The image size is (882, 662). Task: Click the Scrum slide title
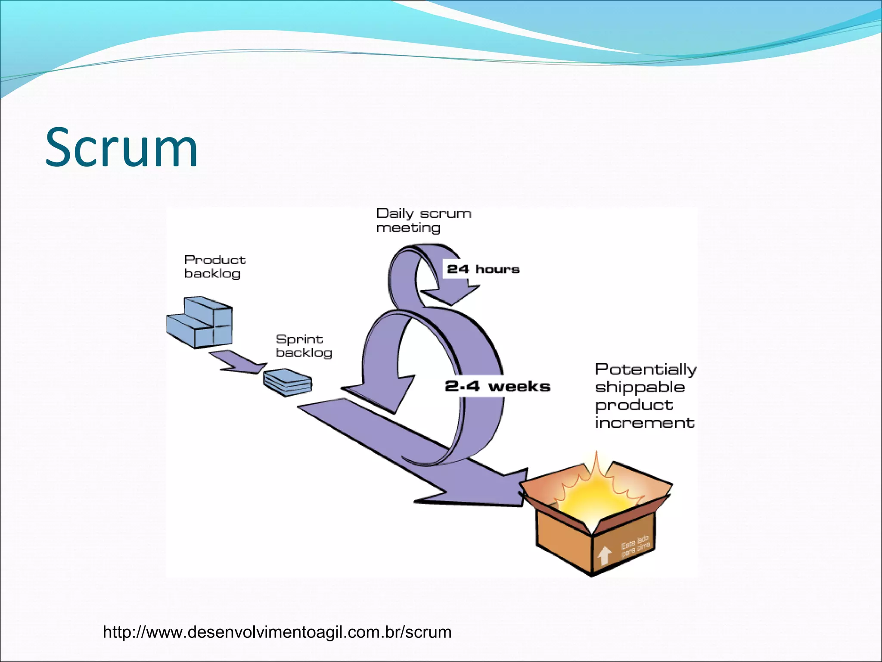(121, 147)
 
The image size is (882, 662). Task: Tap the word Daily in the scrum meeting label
(394, 214)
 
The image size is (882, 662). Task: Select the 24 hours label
(483, 269)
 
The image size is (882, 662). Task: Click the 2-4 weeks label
(497, 386)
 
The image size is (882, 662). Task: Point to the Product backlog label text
(214, 266)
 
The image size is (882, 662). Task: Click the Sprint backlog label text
(303, 346)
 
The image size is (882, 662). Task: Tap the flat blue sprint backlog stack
(288, 382)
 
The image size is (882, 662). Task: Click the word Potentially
(645, 369)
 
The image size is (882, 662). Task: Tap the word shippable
(640, 387)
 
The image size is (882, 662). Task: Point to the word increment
(644, 423)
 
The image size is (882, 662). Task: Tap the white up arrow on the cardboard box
(604, 555)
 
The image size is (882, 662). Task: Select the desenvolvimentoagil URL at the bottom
(277, 632)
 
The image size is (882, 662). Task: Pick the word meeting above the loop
(408, 228)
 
